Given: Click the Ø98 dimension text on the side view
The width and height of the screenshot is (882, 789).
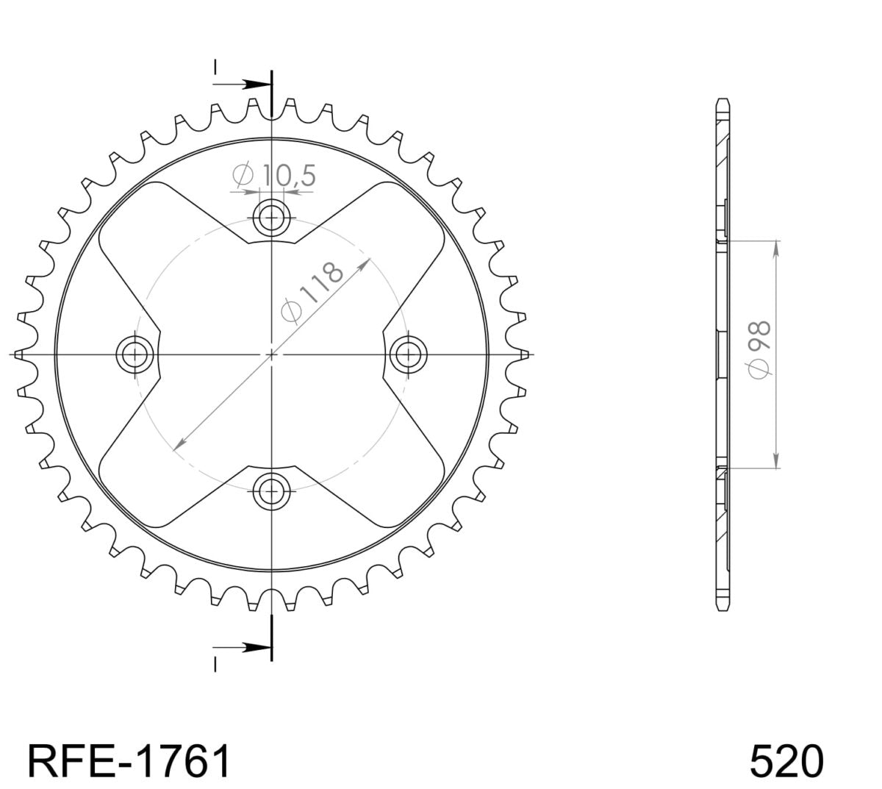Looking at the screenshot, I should click(x=759, y=349).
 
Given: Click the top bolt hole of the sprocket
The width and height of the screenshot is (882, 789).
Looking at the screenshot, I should click(x=272, y=218).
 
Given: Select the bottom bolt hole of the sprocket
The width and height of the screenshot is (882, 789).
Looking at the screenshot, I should click(x=272, y=490).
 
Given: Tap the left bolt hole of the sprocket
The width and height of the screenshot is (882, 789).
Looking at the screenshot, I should click(x=136, y=354).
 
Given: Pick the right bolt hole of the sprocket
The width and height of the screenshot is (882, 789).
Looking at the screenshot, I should click(x=408, y=354).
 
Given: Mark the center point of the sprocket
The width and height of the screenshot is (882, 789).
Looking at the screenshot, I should click(x=272, y=354).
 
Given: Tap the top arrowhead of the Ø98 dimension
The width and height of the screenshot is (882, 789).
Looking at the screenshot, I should click(x=776, y=246).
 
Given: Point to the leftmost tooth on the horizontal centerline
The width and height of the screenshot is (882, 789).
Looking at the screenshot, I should click(x=18, y=354).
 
